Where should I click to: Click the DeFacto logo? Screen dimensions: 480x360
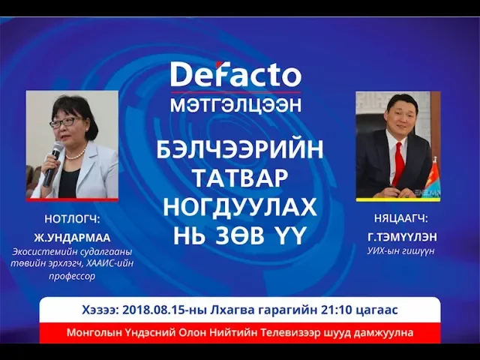click(x=236, y=74)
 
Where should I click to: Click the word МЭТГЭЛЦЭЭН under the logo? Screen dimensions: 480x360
click(x=236, y=105)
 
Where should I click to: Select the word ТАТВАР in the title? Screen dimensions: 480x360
click(x=240, y=178)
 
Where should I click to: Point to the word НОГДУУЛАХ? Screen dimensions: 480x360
click(x=240, y=207)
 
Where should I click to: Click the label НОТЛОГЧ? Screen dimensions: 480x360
click(x=72, y=219)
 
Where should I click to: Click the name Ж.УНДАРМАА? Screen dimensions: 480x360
click(x=72, y=238)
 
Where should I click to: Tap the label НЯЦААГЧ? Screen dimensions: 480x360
click(x=400, y=218)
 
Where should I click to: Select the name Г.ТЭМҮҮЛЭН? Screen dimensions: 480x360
click(x=402, y=237)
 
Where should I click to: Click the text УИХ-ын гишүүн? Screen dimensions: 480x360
click(x=400, y=251)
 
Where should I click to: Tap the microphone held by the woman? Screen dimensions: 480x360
click(x=52, y=163)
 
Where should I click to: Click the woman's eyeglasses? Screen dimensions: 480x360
click(x=65, y=122)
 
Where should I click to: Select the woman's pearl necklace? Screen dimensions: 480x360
click(x=76, y=154)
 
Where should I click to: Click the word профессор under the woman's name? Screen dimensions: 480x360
click(x=72, y=276)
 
